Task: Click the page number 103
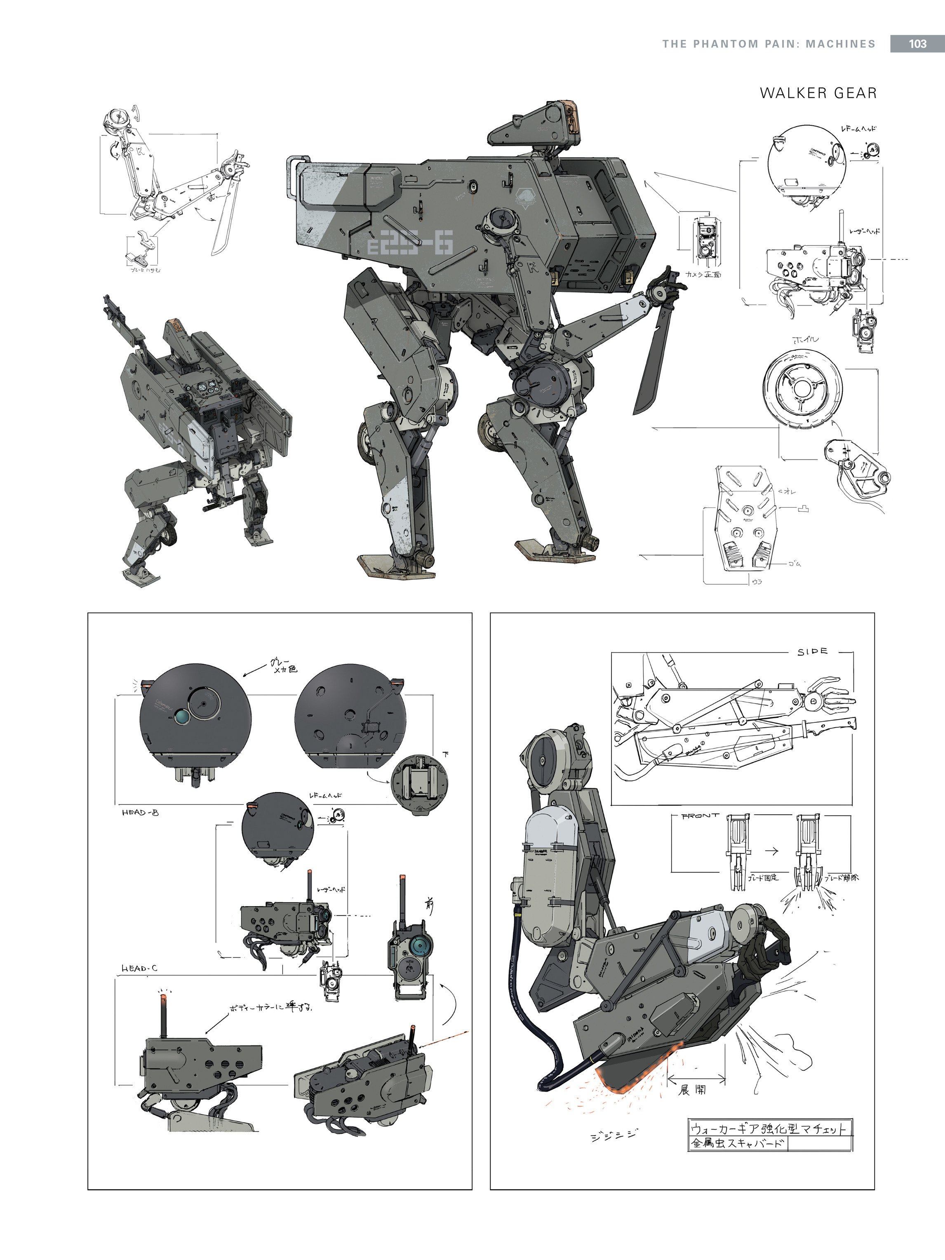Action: click(x=917, y=44)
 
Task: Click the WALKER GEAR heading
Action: click(x=818, y=94)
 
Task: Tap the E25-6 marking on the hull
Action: click(x=410, y=245)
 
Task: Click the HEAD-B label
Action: click(x=140, y=812)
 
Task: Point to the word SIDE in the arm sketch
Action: click(x=812, y=651)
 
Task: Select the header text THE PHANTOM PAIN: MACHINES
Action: click(x=769, y=44)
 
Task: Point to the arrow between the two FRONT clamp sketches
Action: click(x=772, y=851)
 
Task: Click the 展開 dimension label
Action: click(x=693, y=1090)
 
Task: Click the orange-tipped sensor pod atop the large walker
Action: click(x=538, y=122)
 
